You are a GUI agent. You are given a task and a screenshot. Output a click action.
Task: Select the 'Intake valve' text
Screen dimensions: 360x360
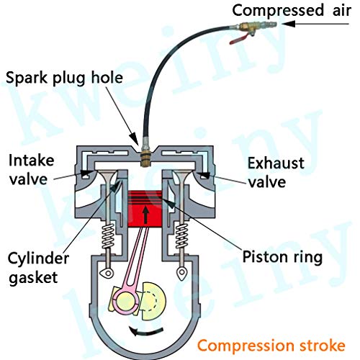tap(30, 168)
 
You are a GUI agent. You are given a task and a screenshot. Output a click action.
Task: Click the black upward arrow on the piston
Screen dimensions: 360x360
tap(146, 213)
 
